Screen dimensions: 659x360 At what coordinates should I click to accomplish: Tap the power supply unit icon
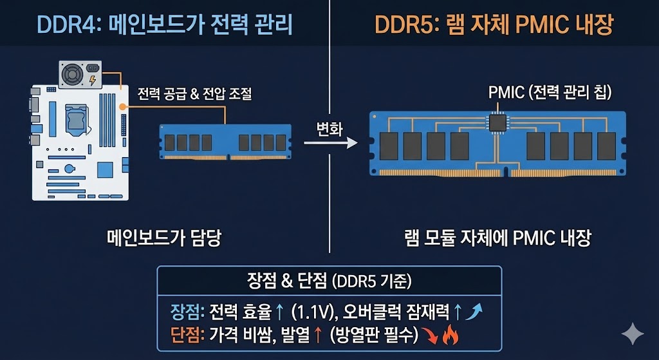(80, 73)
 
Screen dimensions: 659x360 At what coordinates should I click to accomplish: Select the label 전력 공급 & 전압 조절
(194, 94)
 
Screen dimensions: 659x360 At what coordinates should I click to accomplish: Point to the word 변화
(329, 128)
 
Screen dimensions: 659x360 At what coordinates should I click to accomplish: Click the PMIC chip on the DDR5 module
(497, 122)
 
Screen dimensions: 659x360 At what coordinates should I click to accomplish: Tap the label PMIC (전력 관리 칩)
(550, 92)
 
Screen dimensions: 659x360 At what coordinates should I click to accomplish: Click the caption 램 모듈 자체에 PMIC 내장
(494, 238)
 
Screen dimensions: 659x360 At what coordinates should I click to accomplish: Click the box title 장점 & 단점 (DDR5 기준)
(329, 281)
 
